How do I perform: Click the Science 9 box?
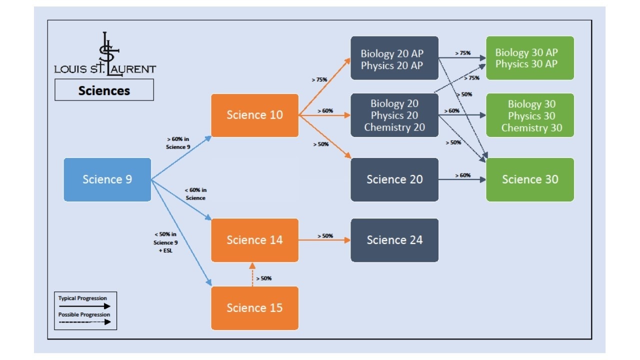pyautogui.click(x=107, y=179)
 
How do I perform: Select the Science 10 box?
pyautogui.click(x=254, y=115)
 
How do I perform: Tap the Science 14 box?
pyautogui.click(x=254, y=240)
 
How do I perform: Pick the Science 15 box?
pyautogui.click(x=254, y=308)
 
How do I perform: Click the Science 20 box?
pyautogui.click(x=394, y=179)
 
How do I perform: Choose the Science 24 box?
pyautogui.click(x=394, y=240)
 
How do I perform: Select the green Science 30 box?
pyautogui.click(x=530, y=179)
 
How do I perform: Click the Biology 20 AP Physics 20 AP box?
pyautogui.click(x=394, y=58)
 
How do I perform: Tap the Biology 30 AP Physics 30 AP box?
pyautogui.click(x=530, y=58)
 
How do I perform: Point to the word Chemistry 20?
pyautogui.click(x=394, y=127)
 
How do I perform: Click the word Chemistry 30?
pyautogui.click(x=531, y=128)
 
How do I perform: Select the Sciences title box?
pyautogui.click(x=104, y=90)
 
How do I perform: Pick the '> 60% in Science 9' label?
pyautogui.click(x=178, y=143)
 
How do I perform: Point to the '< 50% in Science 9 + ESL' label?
pyautogui.click(x=165, y=242)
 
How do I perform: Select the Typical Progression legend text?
pyautogui.click(x=82, y=298)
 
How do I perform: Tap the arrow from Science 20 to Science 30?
pyautogui.click(x=462, y=179)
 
